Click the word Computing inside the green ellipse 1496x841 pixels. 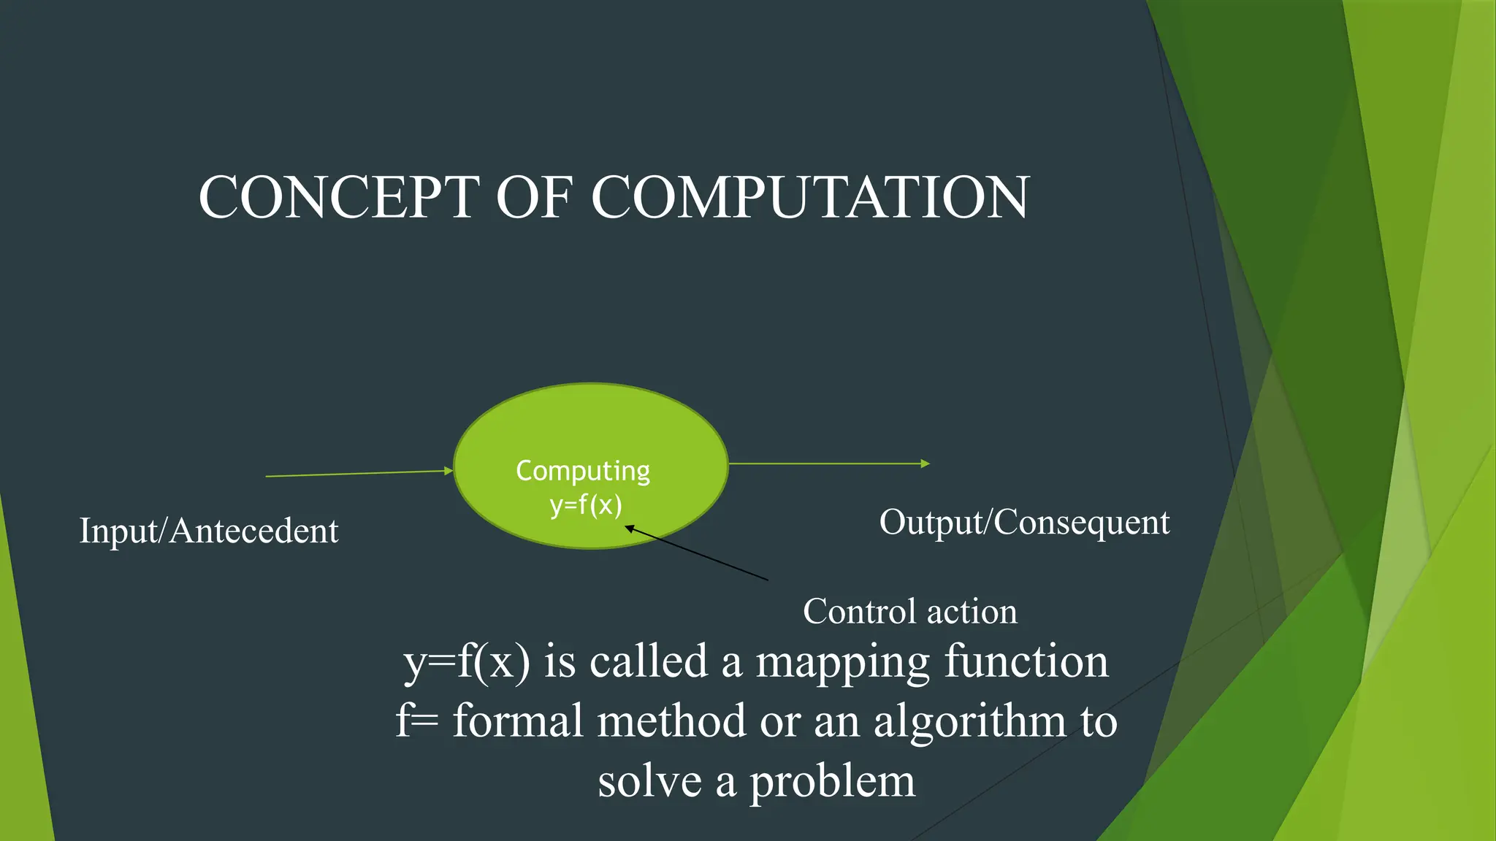[x=583, y=471]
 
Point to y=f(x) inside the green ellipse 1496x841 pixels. [x=586, y=504]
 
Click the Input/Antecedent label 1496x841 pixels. [x=209, y=531]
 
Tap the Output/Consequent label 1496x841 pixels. [x=1024, y=523]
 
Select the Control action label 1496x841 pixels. [x=909, y=611]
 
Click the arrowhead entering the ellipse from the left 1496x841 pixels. [x=449, y=471]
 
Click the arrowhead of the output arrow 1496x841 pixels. [x=925, y=464]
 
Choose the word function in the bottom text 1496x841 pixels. [x=1026, y=661]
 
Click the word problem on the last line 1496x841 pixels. [x=832, y=781]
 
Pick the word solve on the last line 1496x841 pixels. [x=649, y=781]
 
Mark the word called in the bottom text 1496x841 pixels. [x=649, y=661]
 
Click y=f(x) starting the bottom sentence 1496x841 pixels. [x=466, y=663]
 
